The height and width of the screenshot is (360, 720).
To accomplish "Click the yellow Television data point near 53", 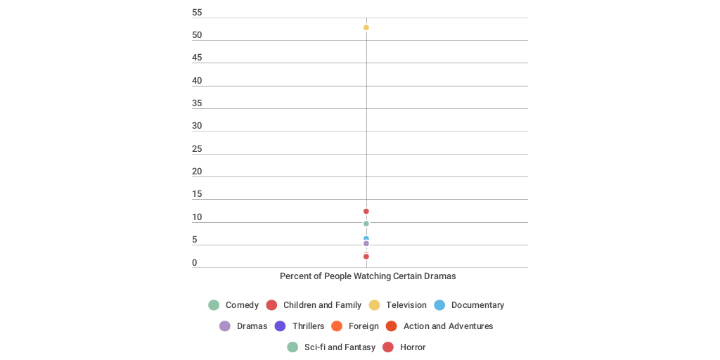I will (366, 27).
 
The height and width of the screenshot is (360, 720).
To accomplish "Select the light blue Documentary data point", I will (366, 239).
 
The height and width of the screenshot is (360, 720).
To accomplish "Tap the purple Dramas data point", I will (366, 244).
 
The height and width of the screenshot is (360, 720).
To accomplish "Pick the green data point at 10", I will (366, 224).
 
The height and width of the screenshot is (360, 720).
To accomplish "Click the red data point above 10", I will (366, 212).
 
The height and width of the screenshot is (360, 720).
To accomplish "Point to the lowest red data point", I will (366, 257).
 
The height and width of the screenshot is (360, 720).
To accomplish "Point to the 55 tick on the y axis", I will (197, 13).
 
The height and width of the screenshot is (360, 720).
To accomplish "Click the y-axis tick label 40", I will (197, 81).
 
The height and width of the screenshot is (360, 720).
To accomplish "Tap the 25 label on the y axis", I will (197, 149).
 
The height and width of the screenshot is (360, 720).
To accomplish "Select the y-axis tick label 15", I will (197, 194).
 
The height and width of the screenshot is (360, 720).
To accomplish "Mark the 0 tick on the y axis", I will (195, 263).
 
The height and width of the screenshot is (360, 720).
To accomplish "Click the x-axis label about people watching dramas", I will (368, 276).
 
